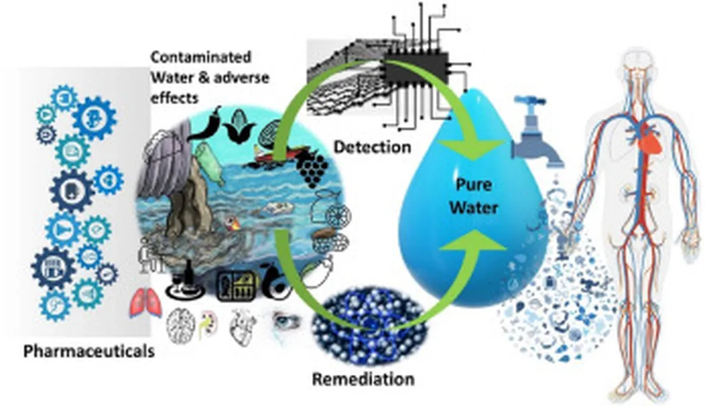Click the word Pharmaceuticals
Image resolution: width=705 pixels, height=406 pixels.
[89, 351]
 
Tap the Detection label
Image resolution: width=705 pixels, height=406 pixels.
[372, 147]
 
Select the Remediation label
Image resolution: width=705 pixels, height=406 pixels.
[364, 379]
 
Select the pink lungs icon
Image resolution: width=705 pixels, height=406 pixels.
[145, 303]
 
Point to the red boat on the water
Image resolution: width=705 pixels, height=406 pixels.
[273, 153]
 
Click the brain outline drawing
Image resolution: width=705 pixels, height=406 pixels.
[181, 323]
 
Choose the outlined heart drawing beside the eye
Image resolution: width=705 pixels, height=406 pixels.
[244, 323]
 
